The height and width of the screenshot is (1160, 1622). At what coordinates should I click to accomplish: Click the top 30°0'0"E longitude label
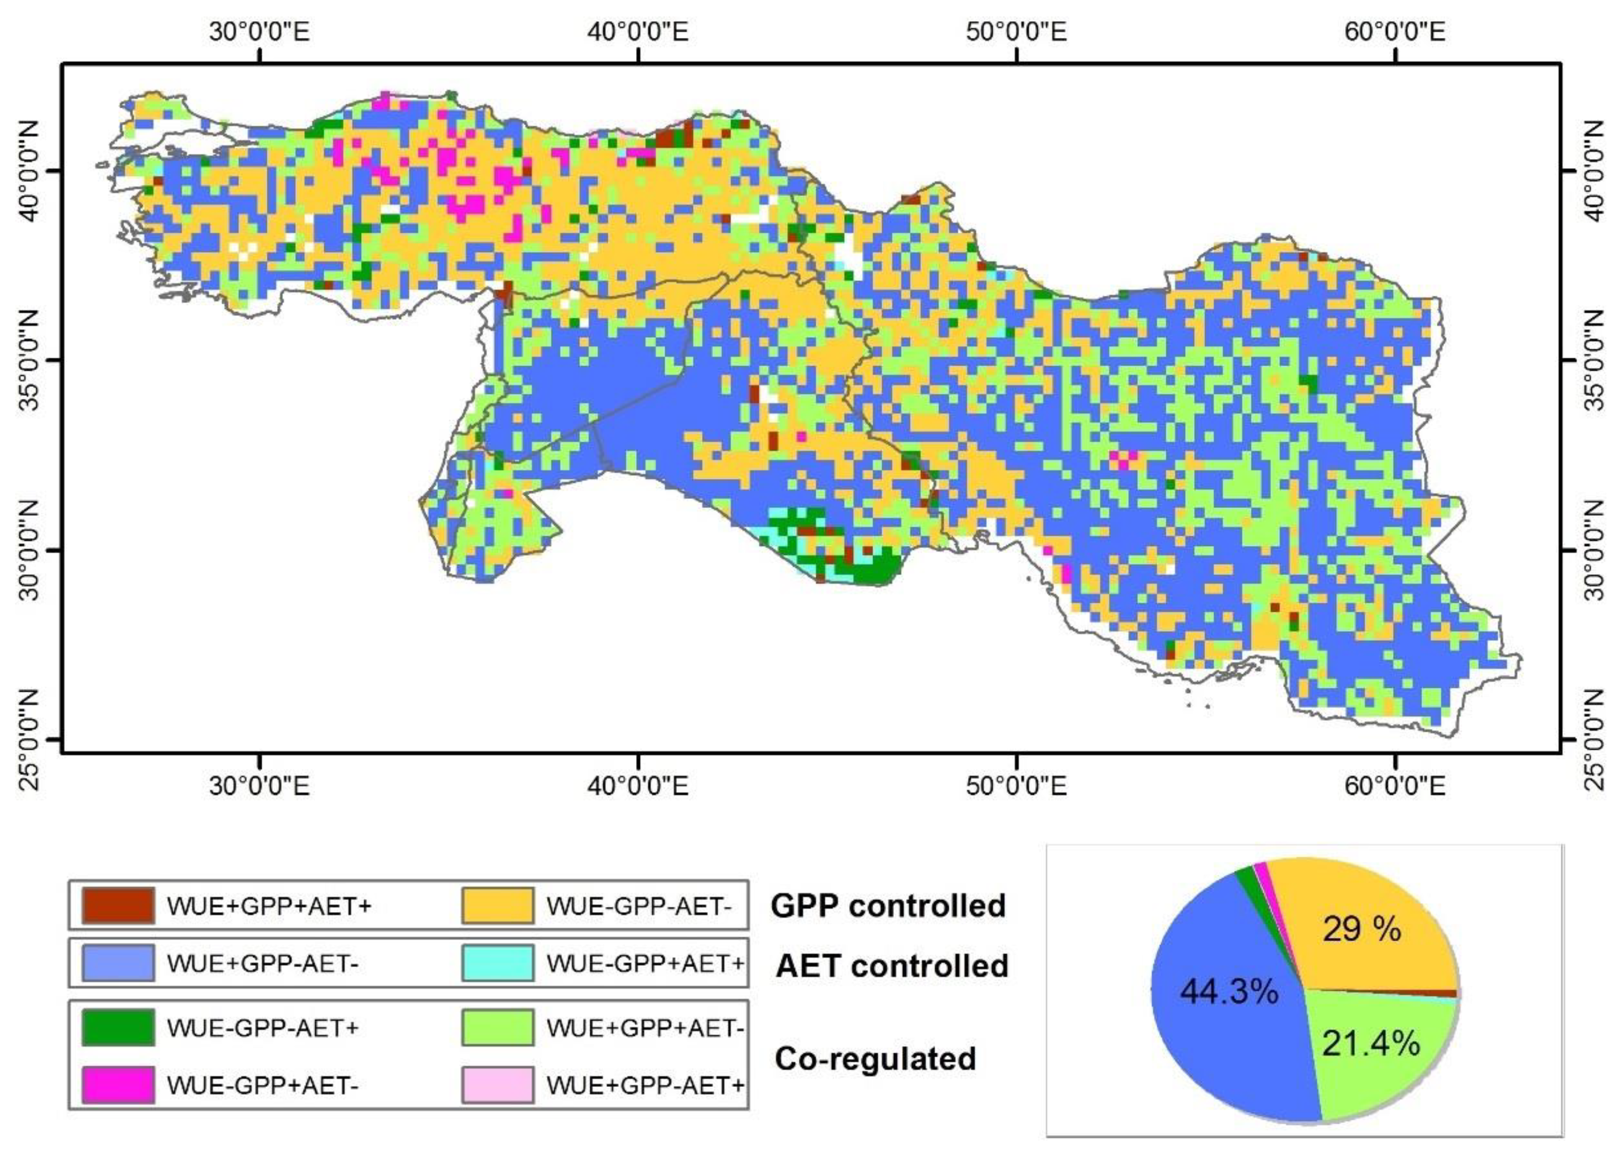click(259, 32)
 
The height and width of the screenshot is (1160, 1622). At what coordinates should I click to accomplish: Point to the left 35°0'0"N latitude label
click(29, 360)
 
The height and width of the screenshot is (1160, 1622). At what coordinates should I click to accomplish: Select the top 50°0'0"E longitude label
click(1016, 32)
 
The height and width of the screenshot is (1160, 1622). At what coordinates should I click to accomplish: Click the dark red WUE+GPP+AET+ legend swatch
click(118, 905)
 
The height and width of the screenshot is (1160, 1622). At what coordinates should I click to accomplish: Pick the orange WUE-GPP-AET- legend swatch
click(497, 905)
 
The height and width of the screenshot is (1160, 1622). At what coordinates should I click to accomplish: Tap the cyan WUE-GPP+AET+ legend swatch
click(497, 964)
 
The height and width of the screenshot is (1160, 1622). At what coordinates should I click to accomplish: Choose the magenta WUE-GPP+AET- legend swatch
click(118, 1084)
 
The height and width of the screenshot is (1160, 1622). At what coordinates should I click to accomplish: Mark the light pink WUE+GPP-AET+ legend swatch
click(497, 1084)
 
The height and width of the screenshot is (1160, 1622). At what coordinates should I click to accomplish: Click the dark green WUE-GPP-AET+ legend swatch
click(118, 1027)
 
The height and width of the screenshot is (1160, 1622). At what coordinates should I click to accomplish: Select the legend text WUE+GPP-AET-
click(262, 964)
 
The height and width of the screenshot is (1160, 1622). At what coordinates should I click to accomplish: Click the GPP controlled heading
click(888, 905)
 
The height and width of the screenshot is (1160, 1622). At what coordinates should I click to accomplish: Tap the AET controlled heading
click(892, 966)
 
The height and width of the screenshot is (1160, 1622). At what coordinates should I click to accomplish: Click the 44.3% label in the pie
click(1229, 991)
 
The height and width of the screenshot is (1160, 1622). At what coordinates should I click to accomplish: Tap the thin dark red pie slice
click(1446, 994)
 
